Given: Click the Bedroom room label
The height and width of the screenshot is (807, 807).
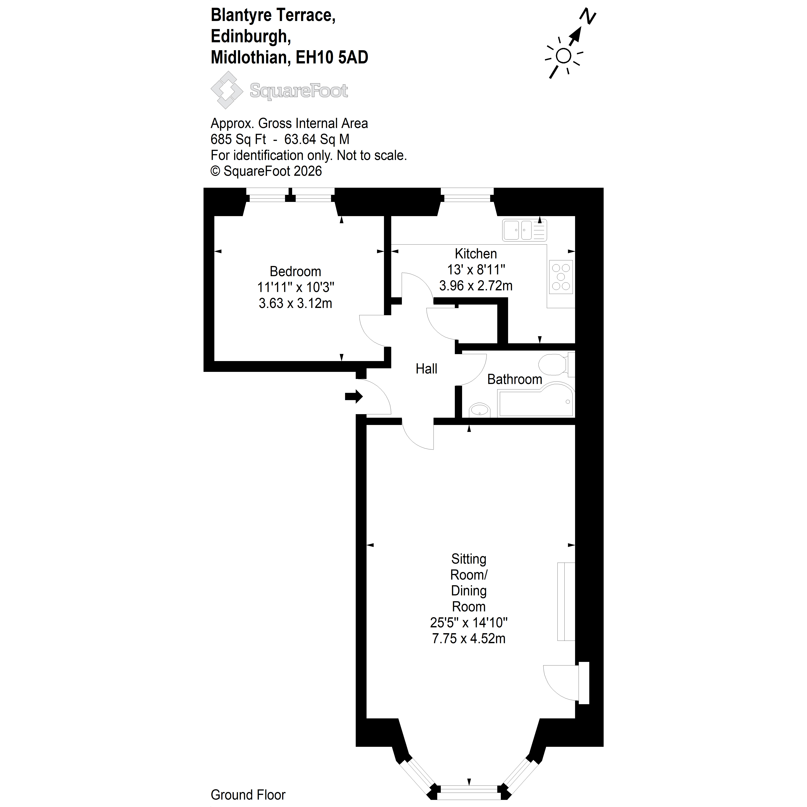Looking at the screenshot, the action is click(295, 271).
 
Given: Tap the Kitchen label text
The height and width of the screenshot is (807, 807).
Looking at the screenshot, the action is click(476, 254).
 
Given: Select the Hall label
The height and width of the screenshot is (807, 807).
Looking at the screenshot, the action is click(426, 369).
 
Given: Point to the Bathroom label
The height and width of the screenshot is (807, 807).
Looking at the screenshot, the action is click(515, 379).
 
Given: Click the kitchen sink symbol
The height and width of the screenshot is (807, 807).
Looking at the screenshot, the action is click(525, 230).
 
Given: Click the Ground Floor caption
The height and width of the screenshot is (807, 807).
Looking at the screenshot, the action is click(248, 794).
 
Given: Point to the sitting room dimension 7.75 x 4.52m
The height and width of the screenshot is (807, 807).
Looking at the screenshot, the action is click(469, 638).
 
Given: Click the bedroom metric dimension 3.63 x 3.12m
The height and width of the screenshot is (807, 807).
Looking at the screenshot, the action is click(295, 303).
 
